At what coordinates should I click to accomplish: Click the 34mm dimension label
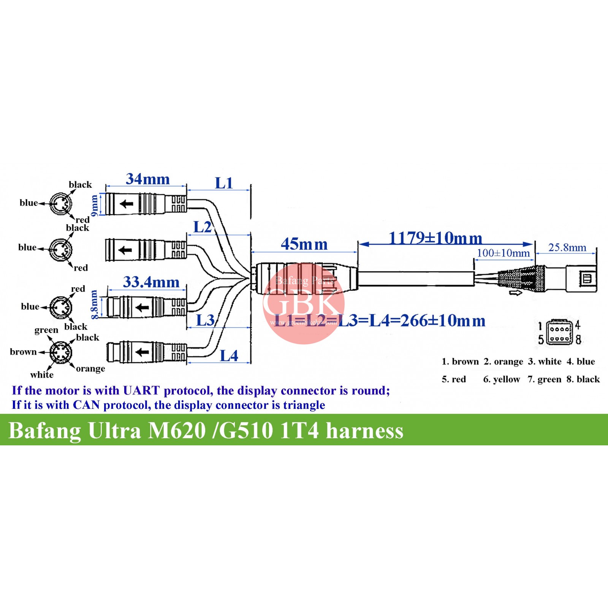pos(147,179)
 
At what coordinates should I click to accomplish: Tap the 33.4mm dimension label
pos(151,282)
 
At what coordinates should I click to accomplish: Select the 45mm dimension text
pos(304,244)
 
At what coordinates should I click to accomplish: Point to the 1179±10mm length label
pos(435,238)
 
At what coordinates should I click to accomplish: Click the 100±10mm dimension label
pos(503,253)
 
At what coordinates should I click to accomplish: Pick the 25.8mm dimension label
pos(567,248)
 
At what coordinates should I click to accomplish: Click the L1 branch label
pos(224,183)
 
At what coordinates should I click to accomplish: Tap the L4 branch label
pos(229,356)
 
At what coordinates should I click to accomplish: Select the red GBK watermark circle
pos(303,304)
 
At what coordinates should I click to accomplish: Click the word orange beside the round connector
pos(90,369)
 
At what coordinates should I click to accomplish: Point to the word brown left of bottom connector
pos(23,352)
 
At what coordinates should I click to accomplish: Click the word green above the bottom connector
pos(46,330)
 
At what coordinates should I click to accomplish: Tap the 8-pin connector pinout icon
pos(559,332)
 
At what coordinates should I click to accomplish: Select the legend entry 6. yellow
pos(501,379)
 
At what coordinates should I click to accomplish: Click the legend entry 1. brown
pos(460,361)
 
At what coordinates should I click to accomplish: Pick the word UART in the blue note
pos(141,391)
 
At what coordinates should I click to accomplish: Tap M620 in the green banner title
pos(177,431)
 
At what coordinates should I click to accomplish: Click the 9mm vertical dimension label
pos(95,206)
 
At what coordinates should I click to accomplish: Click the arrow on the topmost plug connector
pos(127,204)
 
